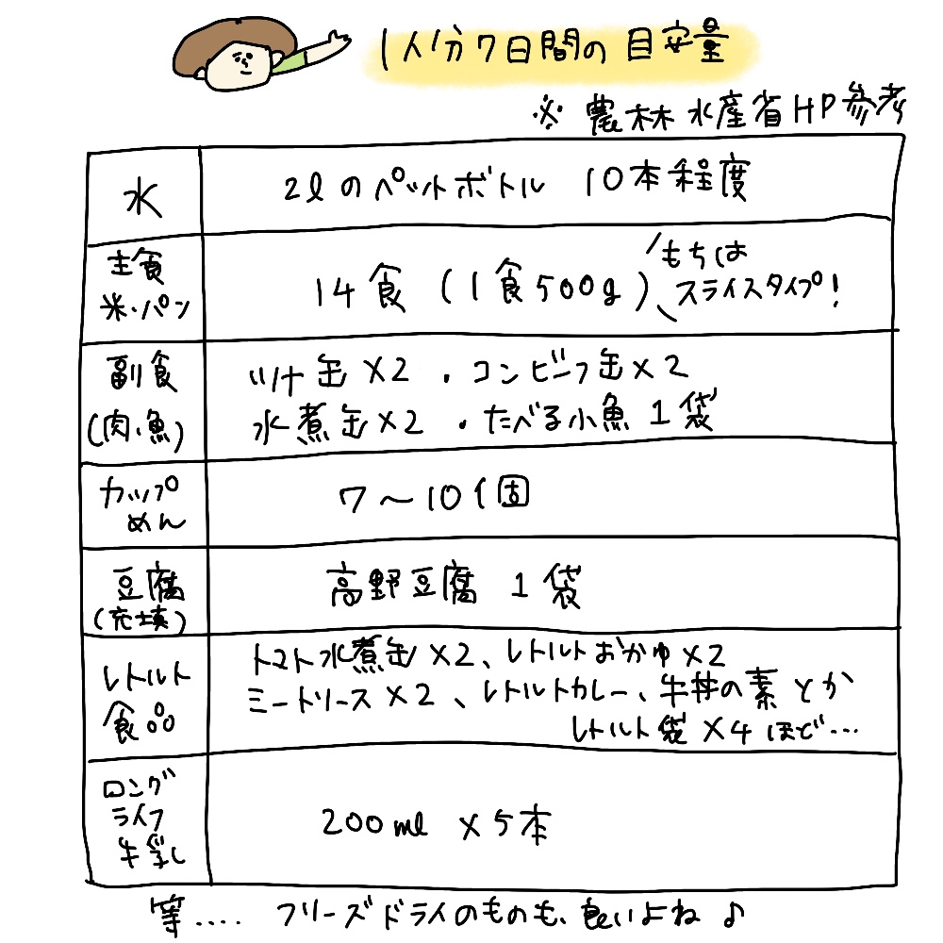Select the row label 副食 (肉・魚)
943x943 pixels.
(x=142, y=397)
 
